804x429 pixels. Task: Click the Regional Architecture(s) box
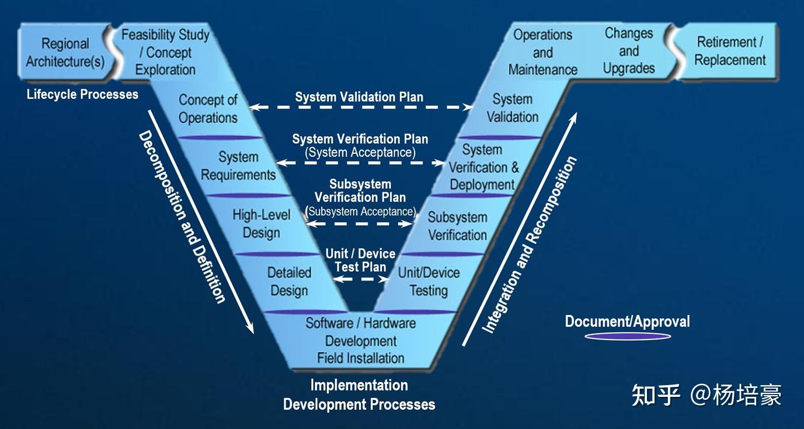click(x=65, y=53)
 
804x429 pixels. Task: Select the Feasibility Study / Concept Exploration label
click(x=165, y=52)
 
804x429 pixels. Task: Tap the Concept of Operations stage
click(x=208, y=109)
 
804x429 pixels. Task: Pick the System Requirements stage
click(x=238, y=166)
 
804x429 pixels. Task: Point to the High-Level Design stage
click(x=261, y=223)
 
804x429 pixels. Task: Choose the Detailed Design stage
click(x=289, y=282)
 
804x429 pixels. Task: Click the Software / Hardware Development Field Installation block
click(x=361, y=340)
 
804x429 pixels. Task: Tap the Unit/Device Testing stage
click(x=429, y=282)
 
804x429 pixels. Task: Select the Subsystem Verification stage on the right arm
click(x=457, y=226)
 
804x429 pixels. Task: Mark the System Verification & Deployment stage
click(x=483, y=168)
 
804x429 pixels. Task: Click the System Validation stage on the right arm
click(x=512, y=108)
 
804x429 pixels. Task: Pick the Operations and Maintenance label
click(x=542, y=52)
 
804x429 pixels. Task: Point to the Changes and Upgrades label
click(x=629, y=51)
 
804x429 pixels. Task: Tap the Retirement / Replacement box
click(x=730, y=51)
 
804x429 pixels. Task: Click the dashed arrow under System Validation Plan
click(x=361, y=108)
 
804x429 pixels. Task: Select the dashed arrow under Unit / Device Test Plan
click(x=361, y=279)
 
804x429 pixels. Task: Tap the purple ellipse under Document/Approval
click(x=628, y=336)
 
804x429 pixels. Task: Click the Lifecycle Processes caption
click(x=82, y=94)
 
